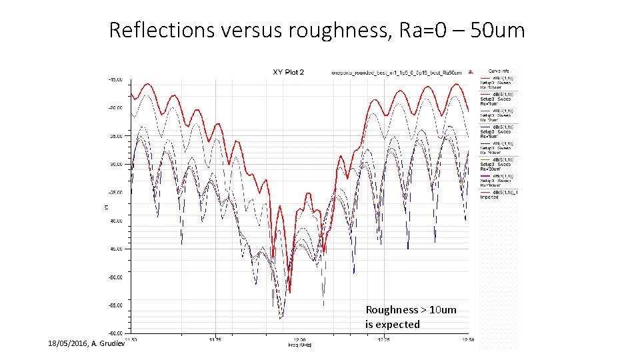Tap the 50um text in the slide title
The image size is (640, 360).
(x=497, y=30)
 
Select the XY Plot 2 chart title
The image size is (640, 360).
(x=288, y=72)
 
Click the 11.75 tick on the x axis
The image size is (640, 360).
(x=214, y=339)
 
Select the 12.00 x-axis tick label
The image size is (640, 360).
(x=299, y=339)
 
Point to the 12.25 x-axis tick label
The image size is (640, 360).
(x=383, y=339)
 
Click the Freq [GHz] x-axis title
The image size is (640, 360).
(x=299, y=345)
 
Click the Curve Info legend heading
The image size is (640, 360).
(x=499, y=71)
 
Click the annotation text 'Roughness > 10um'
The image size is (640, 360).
(x=411, y=310)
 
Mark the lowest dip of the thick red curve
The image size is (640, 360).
(x=289, y=292)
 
